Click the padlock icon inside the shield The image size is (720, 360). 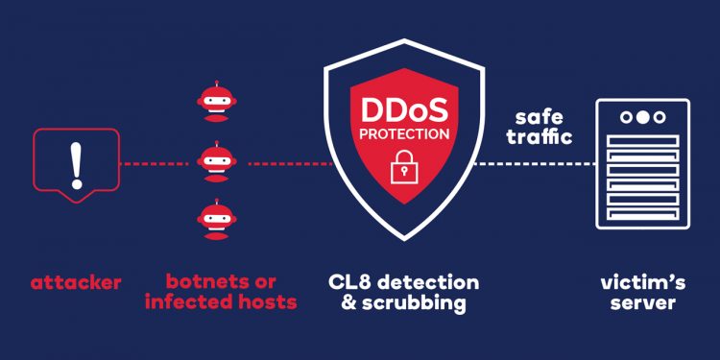point(401,166)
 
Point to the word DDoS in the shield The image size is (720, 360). point(402,107)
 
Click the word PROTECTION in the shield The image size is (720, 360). point(402,133)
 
